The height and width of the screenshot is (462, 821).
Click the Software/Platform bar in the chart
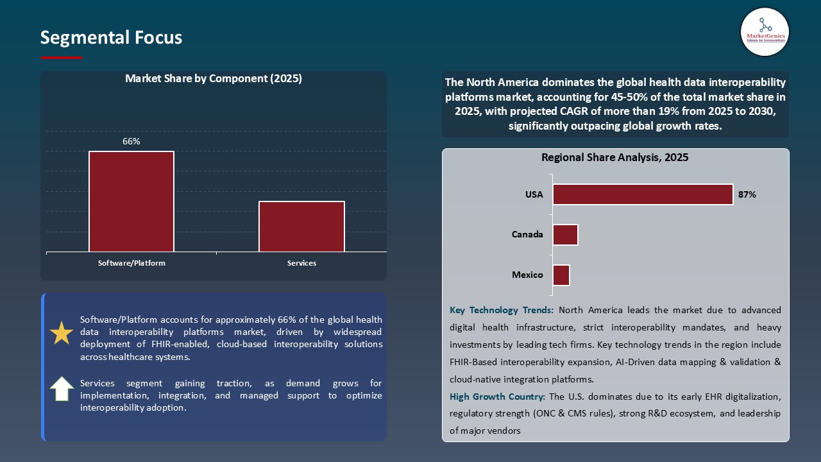click(131, 201)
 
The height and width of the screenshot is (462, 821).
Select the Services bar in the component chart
click(301, 227)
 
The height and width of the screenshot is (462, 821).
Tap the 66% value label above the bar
click(131, 141)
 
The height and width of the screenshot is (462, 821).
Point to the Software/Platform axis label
click(131, 263)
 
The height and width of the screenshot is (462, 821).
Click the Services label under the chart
click(301, 263)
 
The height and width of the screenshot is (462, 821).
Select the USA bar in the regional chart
click(643, 194)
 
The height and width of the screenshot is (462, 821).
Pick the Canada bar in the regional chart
click(565, 235)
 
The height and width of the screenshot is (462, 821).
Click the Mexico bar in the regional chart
click(561, 275)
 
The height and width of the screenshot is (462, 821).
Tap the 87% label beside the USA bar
click(747, 194)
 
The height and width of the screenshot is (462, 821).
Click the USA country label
click(534, 194)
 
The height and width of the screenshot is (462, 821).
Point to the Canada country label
click(527, 235)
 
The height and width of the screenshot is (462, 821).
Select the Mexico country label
click(527, 275)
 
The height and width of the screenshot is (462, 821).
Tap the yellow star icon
click(62, 333)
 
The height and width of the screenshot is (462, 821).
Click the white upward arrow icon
click(62, 389)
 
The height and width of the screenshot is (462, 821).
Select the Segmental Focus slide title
click(111, 38)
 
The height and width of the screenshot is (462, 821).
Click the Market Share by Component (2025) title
click(214, 79)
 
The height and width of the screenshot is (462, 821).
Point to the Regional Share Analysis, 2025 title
click(614, 158)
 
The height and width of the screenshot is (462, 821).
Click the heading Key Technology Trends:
click(502, 310)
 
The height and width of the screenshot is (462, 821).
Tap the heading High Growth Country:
click(498, 397)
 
